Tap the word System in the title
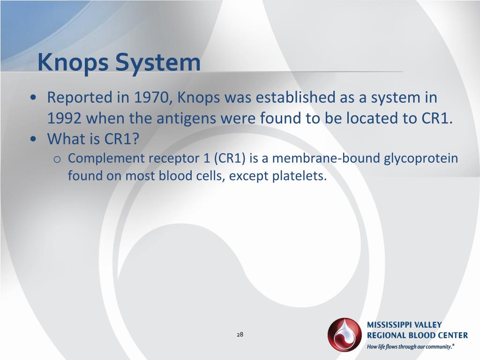click(x=158, y=62)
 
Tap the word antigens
click(x=184, y=118)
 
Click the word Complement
click(x=106, y=158)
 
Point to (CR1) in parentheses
click(x=230, y=158)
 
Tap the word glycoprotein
click(x=421, y=158)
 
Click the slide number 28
click(x=240, y=334)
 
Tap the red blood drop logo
click(x=345, y=335)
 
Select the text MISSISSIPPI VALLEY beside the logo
click(x=404, y=325)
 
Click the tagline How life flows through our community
click(x=410, y=347)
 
